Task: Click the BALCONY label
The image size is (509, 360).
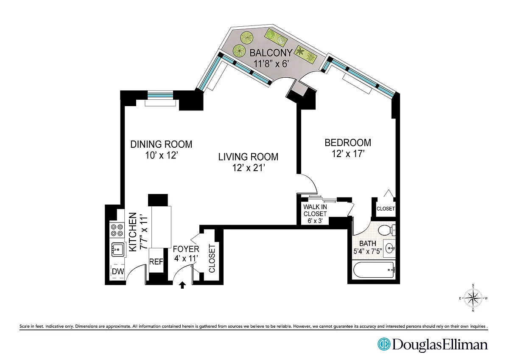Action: [x=271, y=53]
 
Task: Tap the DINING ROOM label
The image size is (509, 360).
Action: [x=161, y=144]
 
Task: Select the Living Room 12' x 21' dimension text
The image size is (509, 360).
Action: [x=249, y=168]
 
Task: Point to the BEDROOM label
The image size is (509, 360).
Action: [x=348, y=143]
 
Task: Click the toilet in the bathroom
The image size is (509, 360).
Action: [x=387, y=230]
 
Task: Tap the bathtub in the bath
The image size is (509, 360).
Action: [x=374, y=270]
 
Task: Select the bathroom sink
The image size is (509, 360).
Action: [x=390, y=248]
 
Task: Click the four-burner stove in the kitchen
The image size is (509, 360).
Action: [x=117, y=230]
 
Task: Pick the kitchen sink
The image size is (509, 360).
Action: [x=118, y=250]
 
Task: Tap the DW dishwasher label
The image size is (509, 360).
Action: [x=118, y=271]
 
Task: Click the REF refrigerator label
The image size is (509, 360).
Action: [x=156, y=262]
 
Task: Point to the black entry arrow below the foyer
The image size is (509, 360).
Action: [x=182, y=285]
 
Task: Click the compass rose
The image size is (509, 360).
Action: [x=473, y=298]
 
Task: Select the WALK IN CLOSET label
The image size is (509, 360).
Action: [x=315, y=211]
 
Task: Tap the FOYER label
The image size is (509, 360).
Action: [x=186, y=249]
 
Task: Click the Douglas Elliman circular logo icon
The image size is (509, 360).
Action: [x=384, y=344]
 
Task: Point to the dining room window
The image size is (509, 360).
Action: [x=160, y=94]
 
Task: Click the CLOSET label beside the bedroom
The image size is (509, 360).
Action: [x=386, y=208]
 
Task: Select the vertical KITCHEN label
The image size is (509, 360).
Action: [x=133, y=232]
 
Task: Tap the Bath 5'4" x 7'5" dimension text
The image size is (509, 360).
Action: [x=367, y=251]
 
